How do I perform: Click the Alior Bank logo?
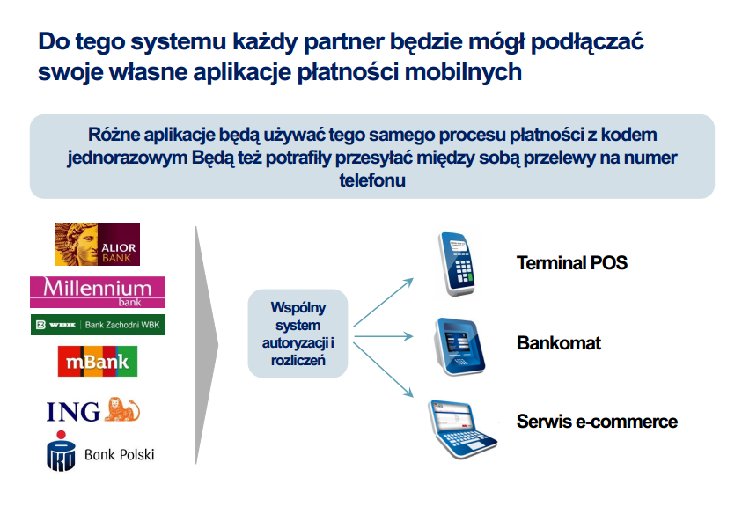(x=97, y=244)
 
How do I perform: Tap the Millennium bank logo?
(x=98, y=291)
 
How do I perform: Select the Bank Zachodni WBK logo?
(x=98, y=325)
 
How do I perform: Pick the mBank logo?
(x=98, y=361)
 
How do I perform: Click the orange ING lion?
(x=122, y=409)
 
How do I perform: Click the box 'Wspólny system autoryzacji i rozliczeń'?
(x=298, y=334)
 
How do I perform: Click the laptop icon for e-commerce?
(x=459, y=428)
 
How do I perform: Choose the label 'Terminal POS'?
(x=572, y=262)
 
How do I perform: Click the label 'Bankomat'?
(x=559, y=342)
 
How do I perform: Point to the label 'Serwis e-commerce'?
(x=597, y=421)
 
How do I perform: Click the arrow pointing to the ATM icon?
(x=383, y=334)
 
